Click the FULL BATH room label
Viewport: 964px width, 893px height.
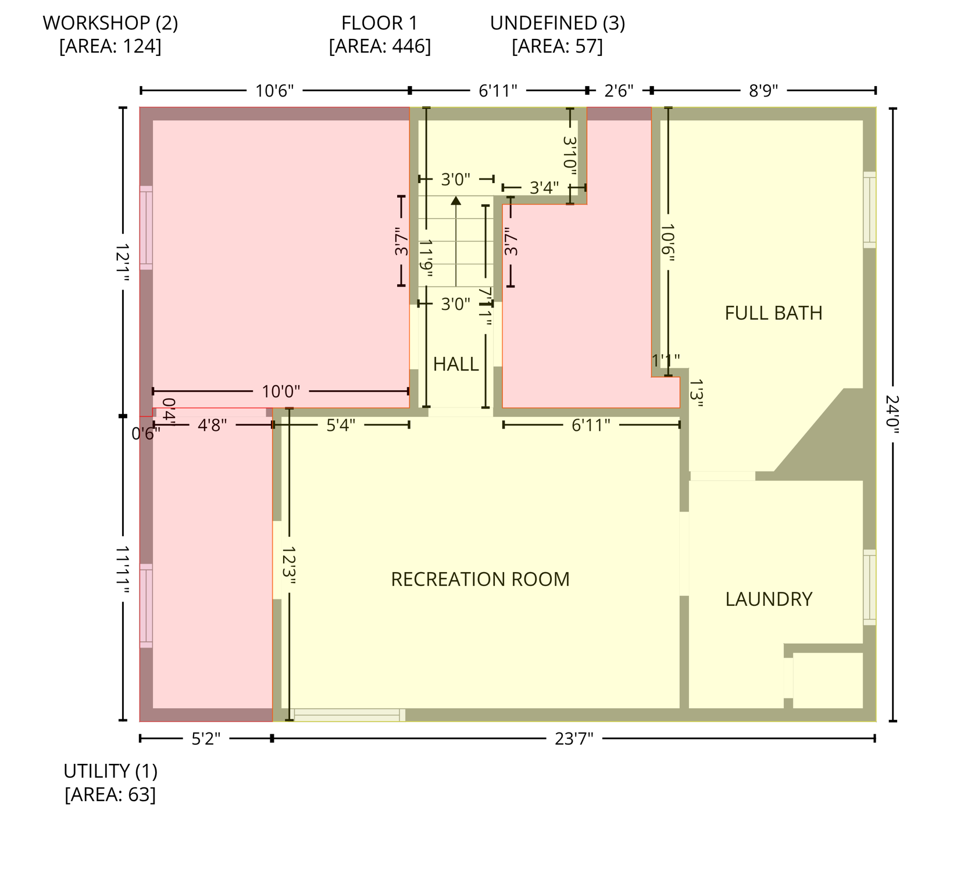pyautogui.click(x=773, y=313)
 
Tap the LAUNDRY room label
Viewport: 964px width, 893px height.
pyautogui.click(x=768, y=599)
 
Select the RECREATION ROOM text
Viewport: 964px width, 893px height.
pyautogui.click(x=480, y=580)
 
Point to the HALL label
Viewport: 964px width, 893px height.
pyautogui.click(x=456, y=365)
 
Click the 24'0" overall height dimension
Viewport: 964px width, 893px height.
pyautogui.click(x=893, y=415)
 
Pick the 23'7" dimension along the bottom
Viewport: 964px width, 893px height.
pyautogui.click(x=573, y=739)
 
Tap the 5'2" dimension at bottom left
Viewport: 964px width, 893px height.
pyautogui.click(x=206, y=739)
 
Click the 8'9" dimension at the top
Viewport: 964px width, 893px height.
pyautogui.click(x=763, y=91)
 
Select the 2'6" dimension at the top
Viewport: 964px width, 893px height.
pyautogui.click(x=619, y=91)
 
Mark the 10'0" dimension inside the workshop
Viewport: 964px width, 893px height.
pyautogui.click(x=281, y=391)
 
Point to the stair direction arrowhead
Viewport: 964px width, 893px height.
pyautogui.click(x=456, y=201)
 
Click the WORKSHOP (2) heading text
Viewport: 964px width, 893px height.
pyautogui.click(x=110, y=23)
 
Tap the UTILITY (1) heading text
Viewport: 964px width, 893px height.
pyautogui.click(x=110, y=771)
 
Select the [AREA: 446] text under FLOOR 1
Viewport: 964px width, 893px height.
pyautogui.click(x=380, y=47)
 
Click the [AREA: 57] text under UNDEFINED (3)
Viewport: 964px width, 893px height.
pyautogui.click(x=557, y=47)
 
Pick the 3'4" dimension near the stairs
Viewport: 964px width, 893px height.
pyautogui.click(x=544, y=188)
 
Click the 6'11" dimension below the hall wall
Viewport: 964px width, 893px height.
pyautogui.click(x=591, y=426)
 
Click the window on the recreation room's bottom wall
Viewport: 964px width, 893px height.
pyautogui.click(x=347, y=715)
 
